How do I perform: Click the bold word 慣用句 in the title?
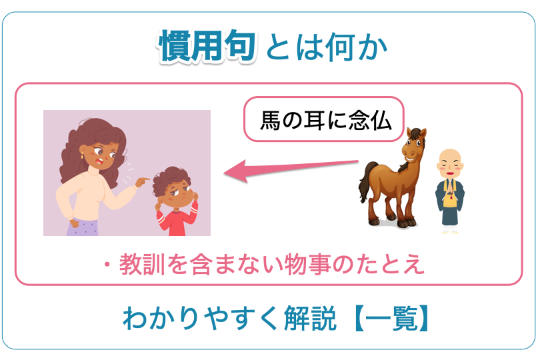tap(207, 45)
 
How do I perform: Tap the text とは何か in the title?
tap(327, 47)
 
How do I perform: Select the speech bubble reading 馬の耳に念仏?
tap(324, 119)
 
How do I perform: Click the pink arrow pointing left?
tap(291, 170)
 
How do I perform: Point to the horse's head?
tap(414, 145)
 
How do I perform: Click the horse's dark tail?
tap(365, 181)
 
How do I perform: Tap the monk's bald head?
tap(450, 162)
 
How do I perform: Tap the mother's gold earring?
tap(82, 155)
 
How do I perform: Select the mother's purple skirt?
tap(83, 227)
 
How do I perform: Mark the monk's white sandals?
tap(450, 232)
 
